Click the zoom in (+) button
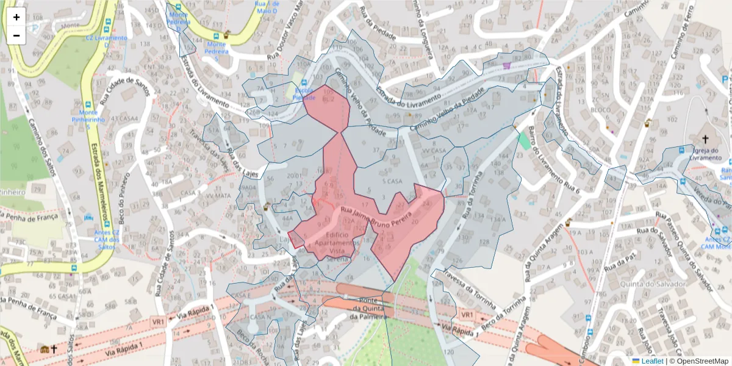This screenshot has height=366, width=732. pos(16,17)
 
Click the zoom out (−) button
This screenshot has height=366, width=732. pos(16,35)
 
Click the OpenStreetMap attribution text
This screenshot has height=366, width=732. pos(698,361)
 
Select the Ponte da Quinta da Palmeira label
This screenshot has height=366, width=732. pos(370,308)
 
